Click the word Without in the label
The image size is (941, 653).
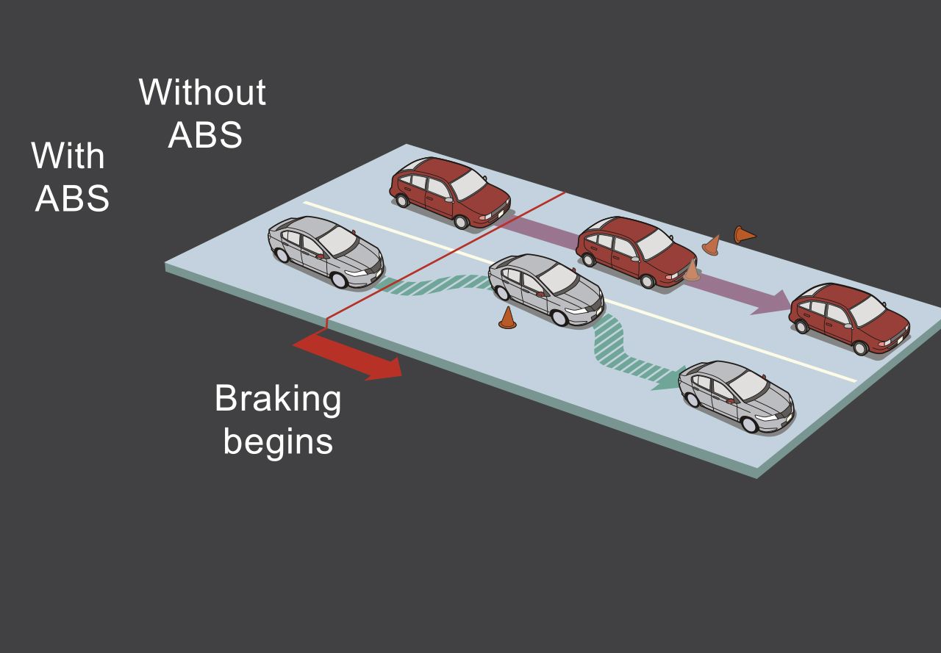coord(202,93)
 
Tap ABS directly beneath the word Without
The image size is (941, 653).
coord(205,135)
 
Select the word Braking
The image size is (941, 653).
coord(278,400)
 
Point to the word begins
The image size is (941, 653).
coord(278,442)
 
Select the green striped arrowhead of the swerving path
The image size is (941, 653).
coord(665,379)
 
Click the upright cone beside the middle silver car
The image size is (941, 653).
coord(507,318)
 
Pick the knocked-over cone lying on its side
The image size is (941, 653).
coord(744,235)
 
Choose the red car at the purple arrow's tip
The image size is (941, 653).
coord(849,317)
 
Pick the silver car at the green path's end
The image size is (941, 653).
coord(736,396)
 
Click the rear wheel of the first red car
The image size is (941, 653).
coord(401,199)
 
